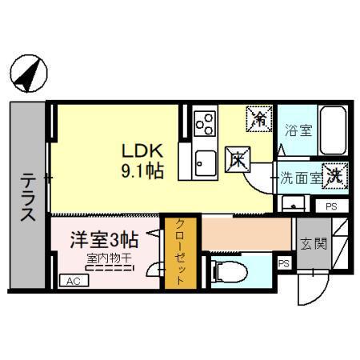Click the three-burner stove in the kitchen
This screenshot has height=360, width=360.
click(x=205, y=124)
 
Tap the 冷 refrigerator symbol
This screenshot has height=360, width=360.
click(x=260, y=119)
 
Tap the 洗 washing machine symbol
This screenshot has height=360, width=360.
click(x=337, y=178)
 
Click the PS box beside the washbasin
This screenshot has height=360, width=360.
click(x=330, y=206)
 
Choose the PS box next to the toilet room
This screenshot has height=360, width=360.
click(x=283, y=262)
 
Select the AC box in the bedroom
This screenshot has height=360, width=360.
click(x=73, y=281)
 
